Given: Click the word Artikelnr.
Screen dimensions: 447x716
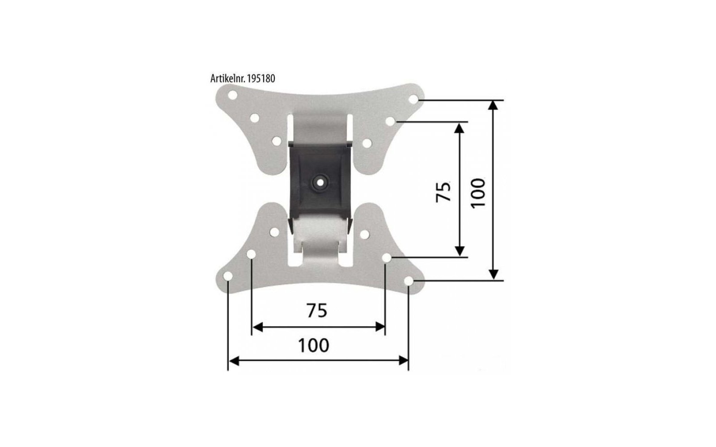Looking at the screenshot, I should point(226,79).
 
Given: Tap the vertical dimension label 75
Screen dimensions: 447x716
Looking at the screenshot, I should point(443,191).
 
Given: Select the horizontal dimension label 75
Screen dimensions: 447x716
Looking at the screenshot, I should point(317,310).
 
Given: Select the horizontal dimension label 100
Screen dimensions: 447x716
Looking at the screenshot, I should point(314,345).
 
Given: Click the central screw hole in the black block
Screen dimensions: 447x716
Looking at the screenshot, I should point(320,182).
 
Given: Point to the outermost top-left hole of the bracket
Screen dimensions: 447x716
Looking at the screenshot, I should point(232,95).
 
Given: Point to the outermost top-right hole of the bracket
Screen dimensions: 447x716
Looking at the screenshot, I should point(413,99).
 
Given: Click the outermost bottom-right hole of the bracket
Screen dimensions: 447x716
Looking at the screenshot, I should point(409,280).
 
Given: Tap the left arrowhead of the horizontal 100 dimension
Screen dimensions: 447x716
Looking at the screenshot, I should point(233,360).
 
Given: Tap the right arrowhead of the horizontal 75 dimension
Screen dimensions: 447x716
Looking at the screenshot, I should point(380,328).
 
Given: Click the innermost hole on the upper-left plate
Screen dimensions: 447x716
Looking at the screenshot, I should point(276,141).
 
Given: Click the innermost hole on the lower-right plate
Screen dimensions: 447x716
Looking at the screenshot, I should point(364,234).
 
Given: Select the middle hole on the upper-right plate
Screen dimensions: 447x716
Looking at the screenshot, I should point(390,121).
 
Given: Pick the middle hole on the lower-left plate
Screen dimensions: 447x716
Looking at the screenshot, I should point(251,254).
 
